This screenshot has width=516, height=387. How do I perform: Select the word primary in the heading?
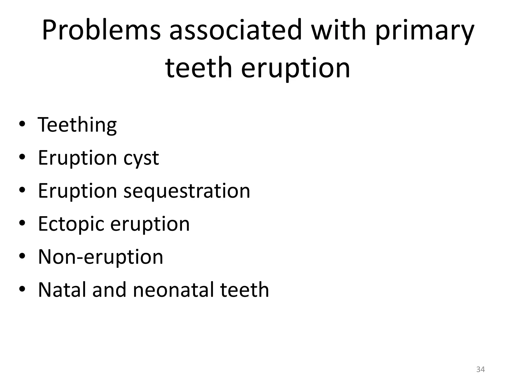pos(425,31)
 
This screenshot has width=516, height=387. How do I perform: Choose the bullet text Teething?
pos(77,125)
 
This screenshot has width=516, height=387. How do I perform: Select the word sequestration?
pos(187,191)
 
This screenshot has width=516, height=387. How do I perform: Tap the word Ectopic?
pos(71,224)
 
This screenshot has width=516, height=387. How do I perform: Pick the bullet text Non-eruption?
pos(101,257)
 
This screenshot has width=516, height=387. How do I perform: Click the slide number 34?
pos(480,369)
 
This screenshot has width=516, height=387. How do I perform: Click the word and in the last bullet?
pos(109,290)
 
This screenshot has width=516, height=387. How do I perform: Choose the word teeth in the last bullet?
pos(244,290)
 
